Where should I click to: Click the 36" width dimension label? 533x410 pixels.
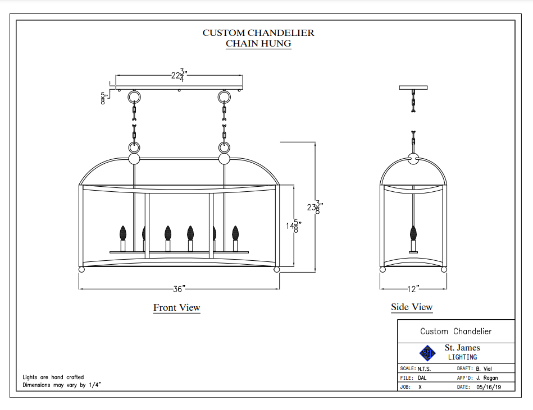[179, 289]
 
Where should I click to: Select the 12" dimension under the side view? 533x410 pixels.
[413, 289]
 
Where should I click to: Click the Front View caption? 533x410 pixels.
[176, 307]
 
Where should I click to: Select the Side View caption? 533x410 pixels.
[412, 307]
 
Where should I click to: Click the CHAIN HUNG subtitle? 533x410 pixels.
[258, 44]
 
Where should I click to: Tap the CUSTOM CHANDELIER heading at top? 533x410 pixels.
[258, 33]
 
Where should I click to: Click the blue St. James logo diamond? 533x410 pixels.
[427, 353]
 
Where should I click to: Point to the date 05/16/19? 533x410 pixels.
[487, 387]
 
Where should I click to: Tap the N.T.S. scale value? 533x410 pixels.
[424, 368]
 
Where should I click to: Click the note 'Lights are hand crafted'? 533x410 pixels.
[53, 377]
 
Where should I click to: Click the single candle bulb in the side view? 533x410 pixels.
[413, 233]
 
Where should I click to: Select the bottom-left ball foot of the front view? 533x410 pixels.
[81, 270]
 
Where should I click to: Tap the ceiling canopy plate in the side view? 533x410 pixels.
[413, 87]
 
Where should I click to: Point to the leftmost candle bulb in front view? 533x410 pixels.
[123, 233]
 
